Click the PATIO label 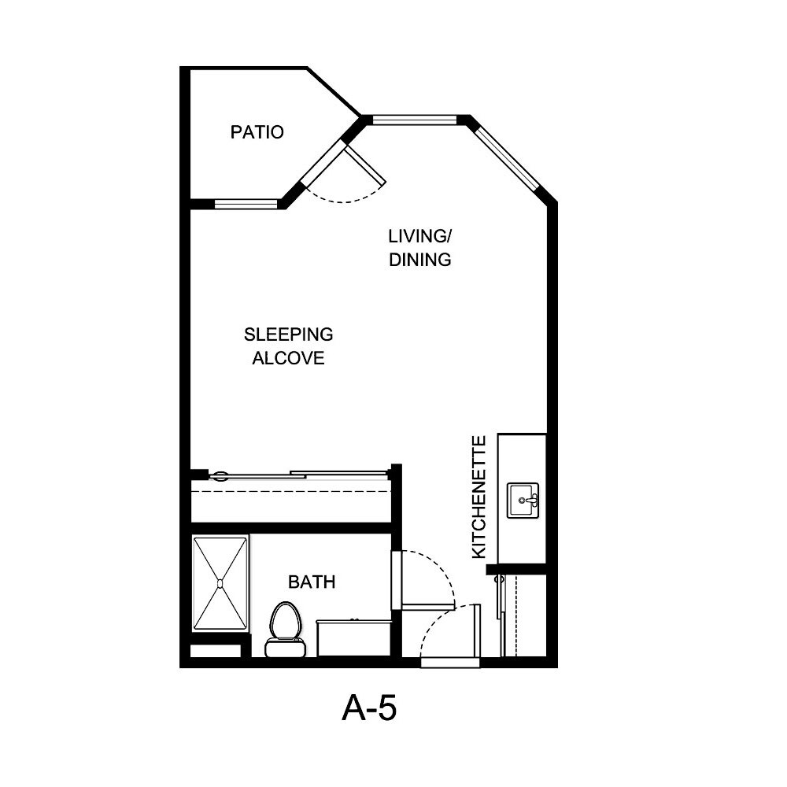(257, 132)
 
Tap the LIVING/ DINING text (420, 248)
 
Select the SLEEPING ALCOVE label (288, 346)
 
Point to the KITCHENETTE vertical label (478, 497)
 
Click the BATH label (312, 582)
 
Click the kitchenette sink (523, 501)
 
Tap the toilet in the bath (284, 630)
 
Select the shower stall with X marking (220, 582)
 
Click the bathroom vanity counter (354, 637)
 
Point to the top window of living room (414, 120)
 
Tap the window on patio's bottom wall (246, 205)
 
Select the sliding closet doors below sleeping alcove (299, 475)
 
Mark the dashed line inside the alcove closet (291, 491)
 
